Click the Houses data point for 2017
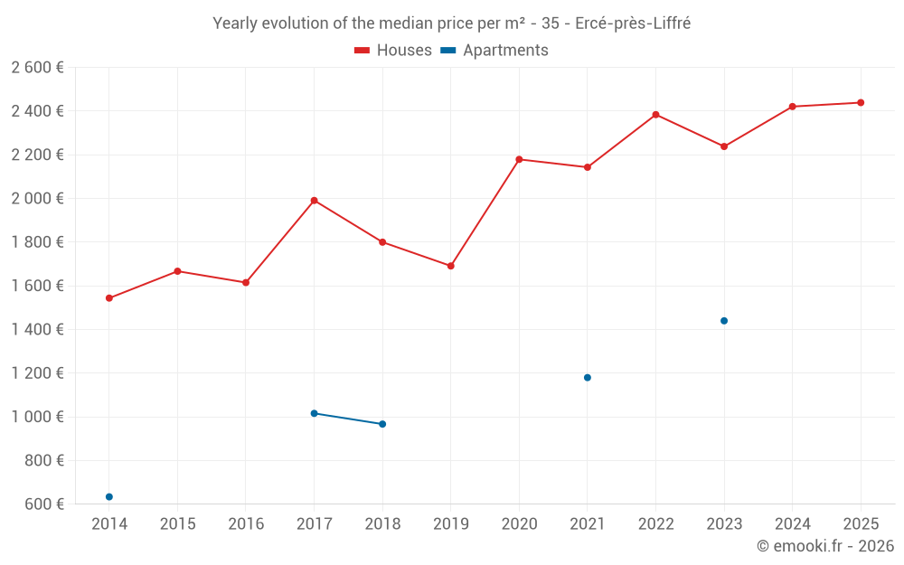click(x=314, y=201)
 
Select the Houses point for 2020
click(x=519, y=160)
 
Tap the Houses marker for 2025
click(x=861, y=103)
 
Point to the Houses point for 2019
click(x=450, y=266)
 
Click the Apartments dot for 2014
click(x=109, y=497)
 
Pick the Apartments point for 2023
click(x=724, y=321)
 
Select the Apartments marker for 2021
click(x=588, y=378)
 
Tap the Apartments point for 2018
click(x=382, y=424)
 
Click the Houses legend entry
click(x=393, y=51)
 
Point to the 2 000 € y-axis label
click(x=37, y=199)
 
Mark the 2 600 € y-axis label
click(x=37, y=68)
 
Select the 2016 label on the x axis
click(x=246, y=524)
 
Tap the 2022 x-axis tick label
click(x=655, y=524)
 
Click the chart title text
click(x=451, y=24)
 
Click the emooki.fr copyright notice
click(x=824, y=546)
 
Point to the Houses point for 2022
click(x=655, y=115)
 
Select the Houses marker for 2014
click(x=109, y=298)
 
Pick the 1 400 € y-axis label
click(x=37, y=330)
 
